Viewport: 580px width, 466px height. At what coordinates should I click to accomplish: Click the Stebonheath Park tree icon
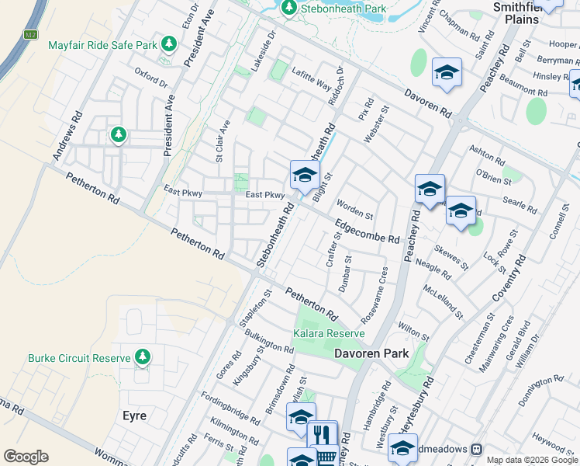pos(289,8)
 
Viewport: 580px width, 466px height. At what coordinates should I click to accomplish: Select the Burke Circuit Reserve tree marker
pos(142,357)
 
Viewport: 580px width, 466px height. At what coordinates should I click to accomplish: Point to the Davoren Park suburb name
pos(371,353)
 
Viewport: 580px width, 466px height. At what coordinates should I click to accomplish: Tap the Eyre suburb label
pos(134,416)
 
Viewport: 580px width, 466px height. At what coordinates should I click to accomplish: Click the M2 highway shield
pos(30,34)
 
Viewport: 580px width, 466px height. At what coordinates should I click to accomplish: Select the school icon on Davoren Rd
pos(447,73)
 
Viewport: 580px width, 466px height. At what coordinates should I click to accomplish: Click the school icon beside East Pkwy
pos(305,175)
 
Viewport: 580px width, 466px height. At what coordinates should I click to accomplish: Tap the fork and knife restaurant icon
pos(323,434)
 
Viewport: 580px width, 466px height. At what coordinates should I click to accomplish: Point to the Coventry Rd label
pos(508,276)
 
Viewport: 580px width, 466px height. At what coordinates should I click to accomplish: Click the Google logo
pos(26,457)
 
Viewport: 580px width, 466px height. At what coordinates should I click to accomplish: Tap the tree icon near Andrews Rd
pos(118,135)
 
